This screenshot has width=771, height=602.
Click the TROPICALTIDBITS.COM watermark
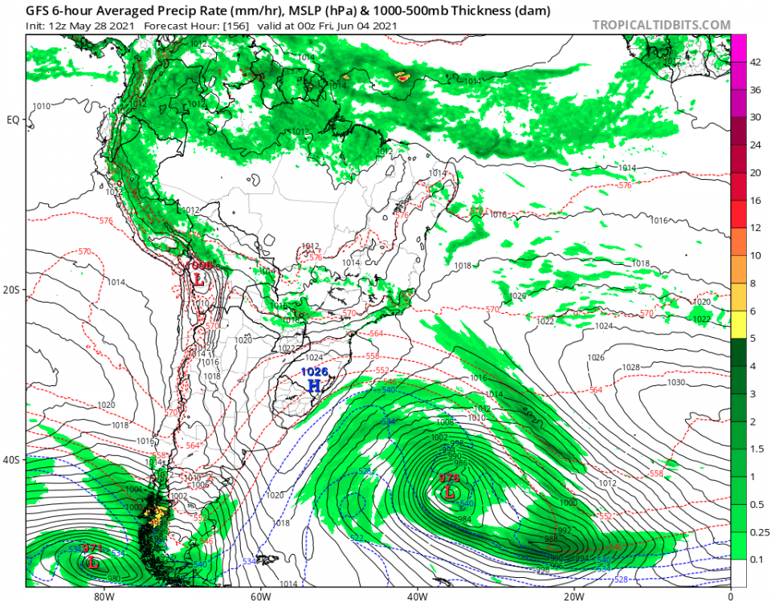coord(661,25)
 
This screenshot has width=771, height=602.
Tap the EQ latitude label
coord(14,120)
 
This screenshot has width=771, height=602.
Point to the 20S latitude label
coord(14,290)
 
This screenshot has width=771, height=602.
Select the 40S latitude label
coord(14,460)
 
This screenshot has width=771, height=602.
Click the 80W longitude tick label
coord(102,596)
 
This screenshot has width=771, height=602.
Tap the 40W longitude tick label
coord(416,596)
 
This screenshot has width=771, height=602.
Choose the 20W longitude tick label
coord(573,596)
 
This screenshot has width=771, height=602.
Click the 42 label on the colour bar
coord(755,62)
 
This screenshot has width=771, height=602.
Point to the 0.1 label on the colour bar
coord(756,559)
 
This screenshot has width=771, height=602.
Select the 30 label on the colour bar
coord(755,117)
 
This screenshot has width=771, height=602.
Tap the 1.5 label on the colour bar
coord(756,449)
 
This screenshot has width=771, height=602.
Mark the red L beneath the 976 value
coord(449,493)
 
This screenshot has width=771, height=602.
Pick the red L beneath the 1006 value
coord(198,279)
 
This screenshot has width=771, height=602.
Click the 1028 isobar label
coord(631,367)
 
